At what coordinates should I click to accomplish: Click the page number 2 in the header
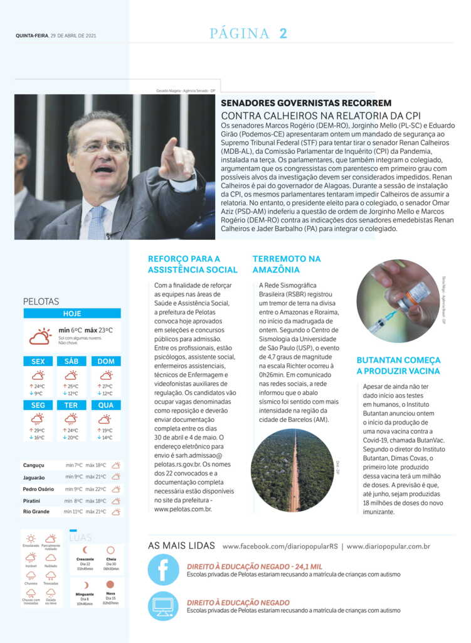tap(283, 34)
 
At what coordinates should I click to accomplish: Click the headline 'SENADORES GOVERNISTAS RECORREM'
tap(306, 103)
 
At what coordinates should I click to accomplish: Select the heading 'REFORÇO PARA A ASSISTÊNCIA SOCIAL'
tap(193, 264)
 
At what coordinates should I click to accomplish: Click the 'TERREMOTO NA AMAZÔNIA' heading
tap(287, 264)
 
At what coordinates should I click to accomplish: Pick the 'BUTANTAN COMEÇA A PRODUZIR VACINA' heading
tap(398, 365)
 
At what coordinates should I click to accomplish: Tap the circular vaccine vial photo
tap(398, 301)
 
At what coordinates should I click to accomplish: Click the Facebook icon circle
tap(164, 570)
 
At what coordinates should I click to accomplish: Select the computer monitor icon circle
tap(164, 606)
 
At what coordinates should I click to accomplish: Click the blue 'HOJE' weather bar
tap(72, 313)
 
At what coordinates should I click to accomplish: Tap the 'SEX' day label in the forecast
tap(38, 361)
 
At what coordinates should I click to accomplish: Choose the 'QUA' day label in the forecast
tap(106, 405)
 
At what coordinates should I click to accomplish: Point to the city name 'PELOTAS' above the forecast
tap(41, 301)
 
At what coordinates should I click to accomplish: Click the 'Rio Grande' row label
tap(36, 512)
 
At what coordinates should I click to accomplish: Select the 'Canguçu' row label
tap(34, 465)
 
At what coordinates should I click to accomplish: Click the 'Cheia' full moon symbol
tap(111, 550)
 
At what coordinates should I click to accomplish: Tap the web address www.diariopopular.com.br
tap(388, 546)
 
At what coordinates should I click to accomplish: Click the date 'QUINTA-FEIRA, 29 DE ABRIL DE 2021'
tap(56, 36)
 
